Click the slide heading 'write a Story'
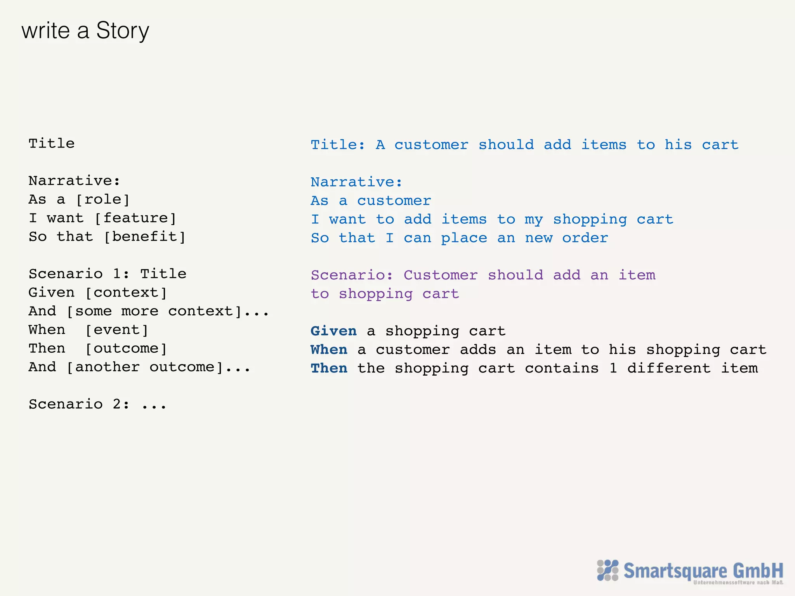pos(85,31)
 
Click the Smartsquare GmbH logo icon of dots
pos(608,570)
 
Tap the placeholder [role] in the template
pos(103,199)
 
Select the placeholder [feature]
pos(135,218)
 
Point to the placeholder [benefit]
pos(145,237)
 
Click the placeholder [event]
pos(117,330)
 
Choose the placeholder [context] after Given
pos(126,293)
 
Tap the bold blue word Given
pos(333,331)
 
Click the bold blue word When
pos(329,350)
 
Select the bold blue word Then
pos(329,368)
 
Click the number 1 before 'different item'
pos(613,368)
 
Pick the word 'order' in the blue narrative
pos(585,238)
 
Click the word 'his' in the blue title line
pos(678,145)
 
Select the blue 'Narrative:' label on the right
pos(356,182)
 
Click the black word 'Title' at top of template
pos(51,144)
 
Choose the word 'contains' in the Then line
pos(562,368)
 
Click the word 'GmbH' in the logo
pos(758,570)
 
